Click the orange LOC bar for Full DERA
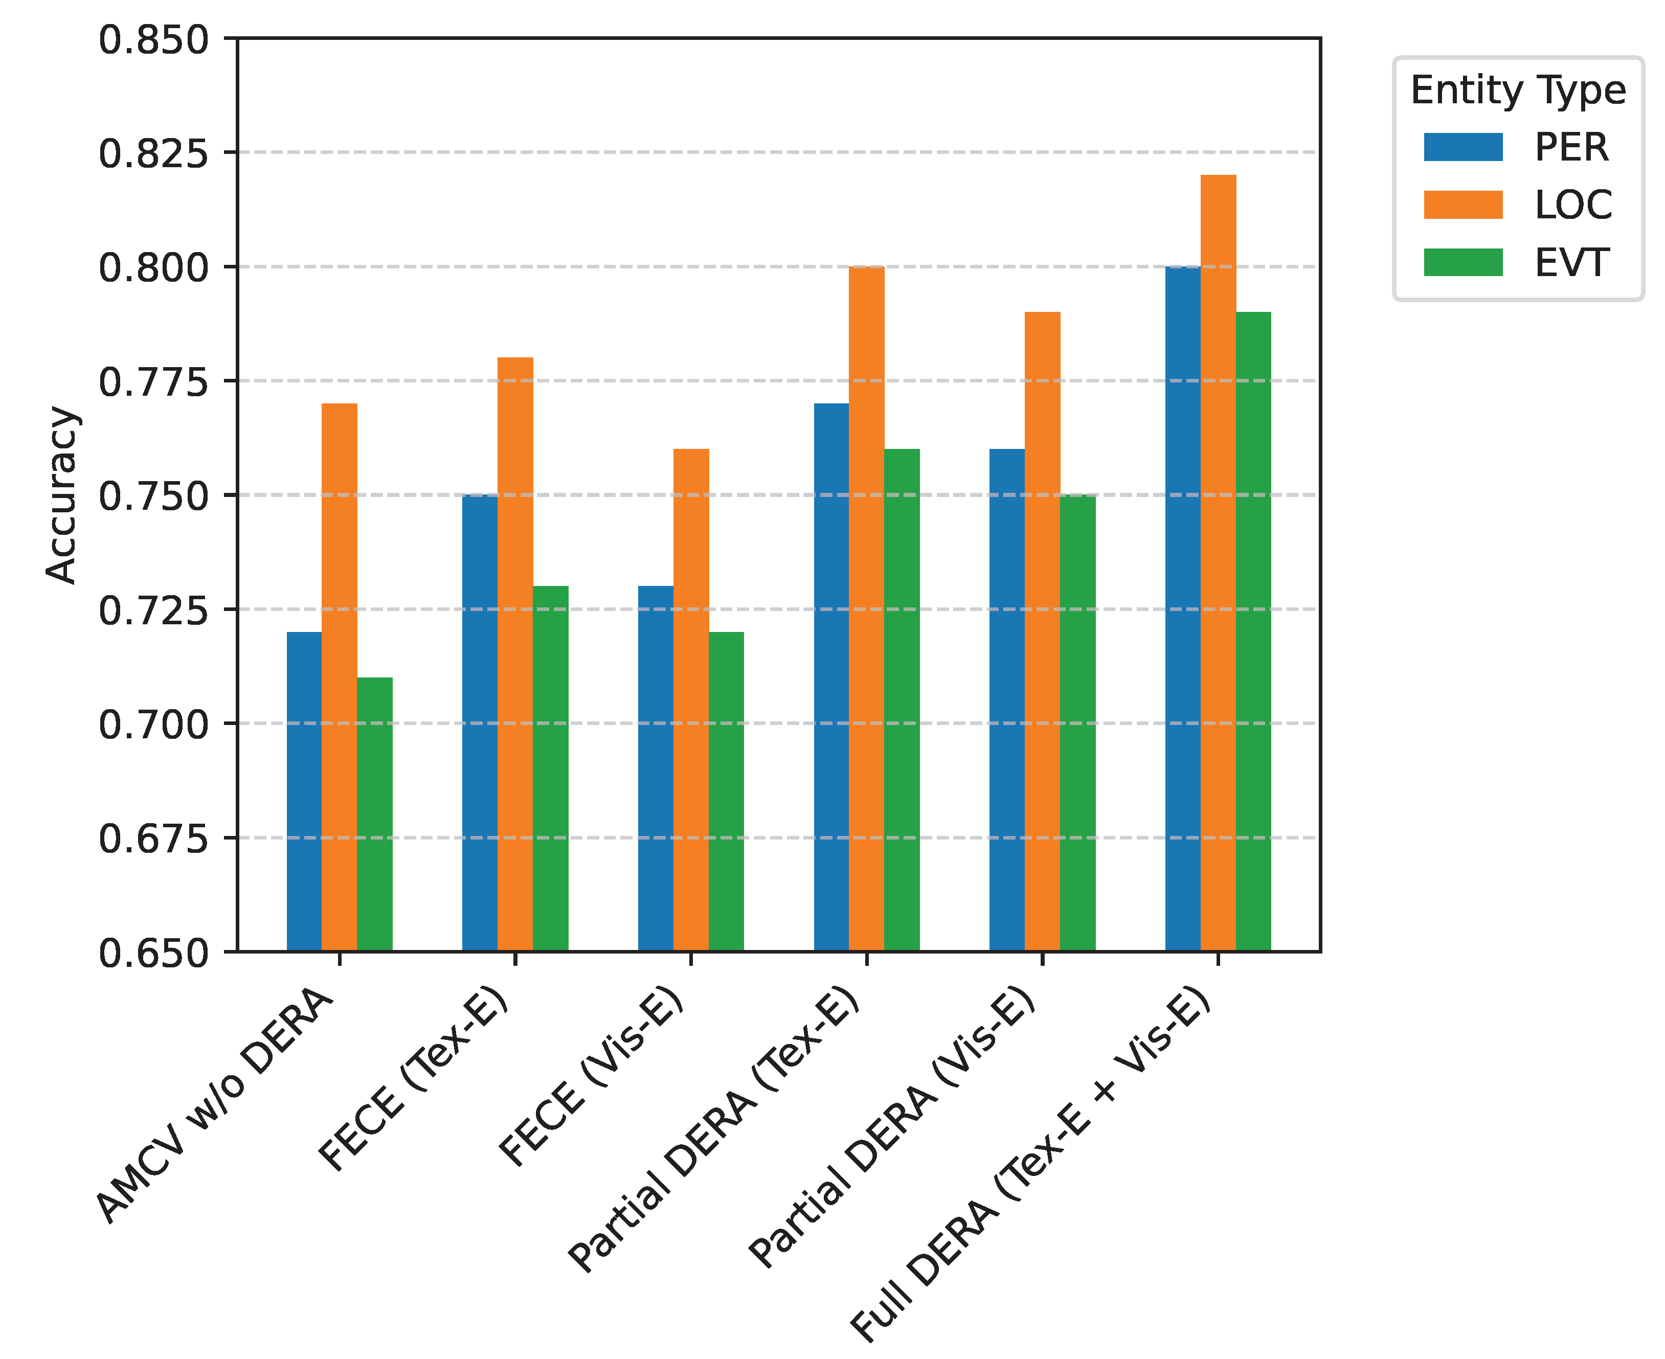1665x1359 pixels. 1218,563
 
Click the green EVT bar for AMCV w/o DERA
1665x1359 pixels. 374,814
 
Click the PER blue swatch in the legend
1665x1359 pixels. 1462,147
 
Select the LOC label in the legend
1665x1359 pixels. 1572,205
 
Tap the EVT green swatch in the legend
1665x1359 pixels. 1462,262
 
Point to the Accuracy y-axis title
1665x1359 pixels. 61,495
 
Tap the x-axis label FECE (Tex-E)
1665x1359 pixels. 415,1084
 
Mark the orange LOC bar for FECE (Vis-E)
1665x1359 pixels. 690,700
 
